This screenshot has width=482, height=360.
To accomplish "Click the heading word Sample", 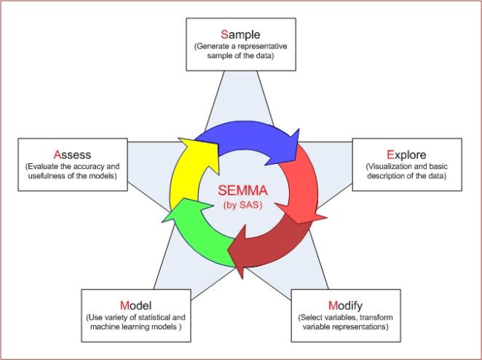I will click(x=240, y=34).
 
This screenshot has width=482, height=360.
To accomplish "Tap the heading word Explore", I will click(x=406, y=154).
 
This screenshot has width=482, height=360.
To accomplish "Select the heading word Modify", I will click(x=345, y=306).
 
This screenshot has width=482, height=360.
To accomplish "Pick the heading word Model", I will click(x=136, y=306).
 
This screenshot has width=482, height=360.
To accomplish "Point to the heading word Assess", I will click(x=72, y=154).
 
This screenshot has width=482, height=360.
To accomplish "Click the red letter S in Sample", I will click(x=225, y=34).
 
